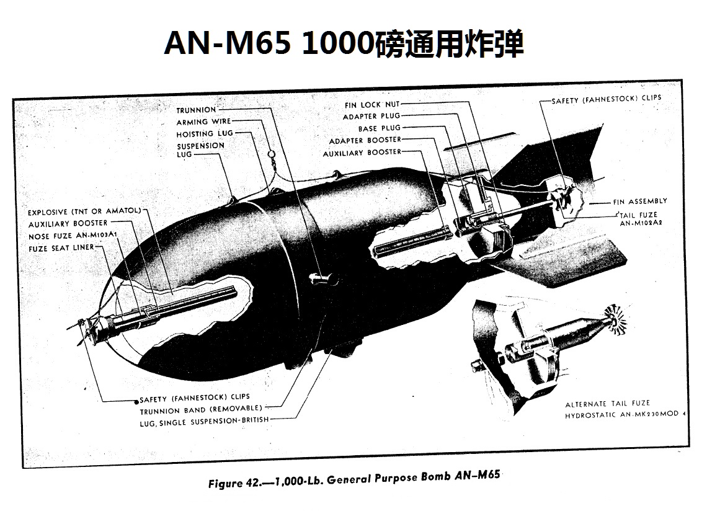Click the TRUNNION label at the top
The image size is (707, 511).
196,110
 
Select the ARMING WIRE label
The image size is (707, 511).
203,122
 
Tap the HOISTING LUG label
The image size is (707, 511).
205,133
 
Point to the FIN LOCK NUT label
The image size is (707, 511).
372,105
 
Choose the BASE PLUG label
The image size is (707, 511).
379,128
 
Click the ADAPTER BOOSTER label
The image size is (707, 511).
365,140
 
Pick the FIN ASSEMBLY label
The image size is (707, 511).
640,201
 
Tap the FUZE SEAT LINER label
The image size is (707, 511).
61,247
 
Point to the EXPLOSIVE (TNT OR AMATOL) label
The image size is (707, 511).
84,211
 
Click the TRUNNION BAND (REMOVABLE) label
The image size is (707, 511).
201,409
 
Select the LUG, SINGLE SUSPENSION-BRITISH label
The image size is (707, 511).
204,422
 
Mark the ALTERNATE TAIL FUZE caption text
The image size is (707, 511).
607,404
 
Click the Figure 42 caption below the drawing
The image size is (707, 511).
354,479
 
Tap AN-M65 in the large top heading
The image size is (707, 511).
227,43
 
